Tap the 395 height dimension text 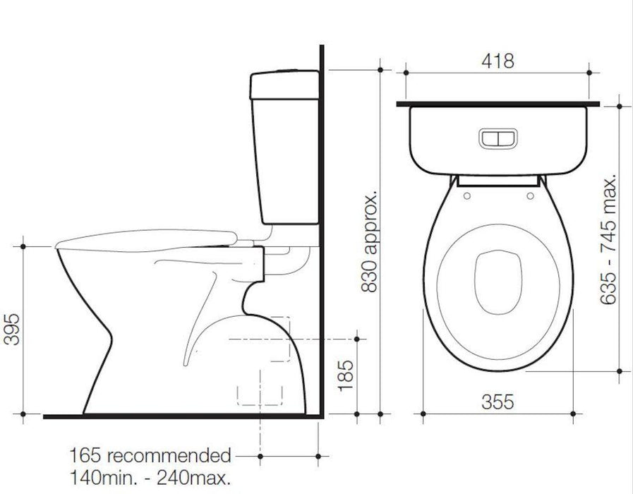pos(11,329)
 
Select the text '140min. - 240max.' pos(150,476)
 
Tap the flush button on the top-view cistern pos(498,138)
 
